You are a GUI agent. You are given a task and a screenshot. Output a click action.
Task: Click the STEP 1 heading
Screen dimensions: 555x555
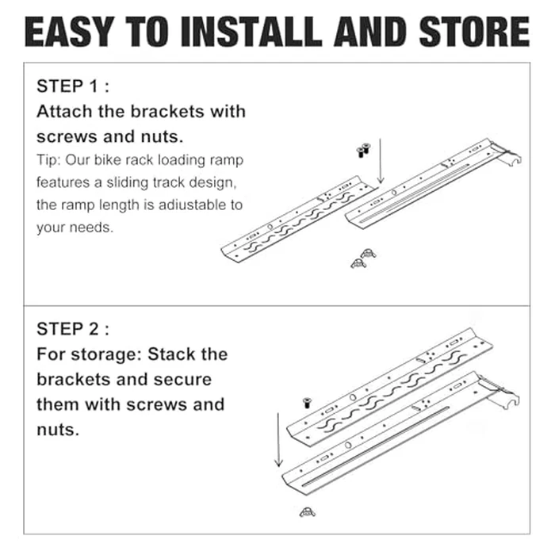tap(72, 86)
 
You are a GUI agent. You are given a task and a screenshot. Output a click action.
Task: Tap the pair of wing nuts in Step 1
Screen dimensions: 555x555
tap(362, 258)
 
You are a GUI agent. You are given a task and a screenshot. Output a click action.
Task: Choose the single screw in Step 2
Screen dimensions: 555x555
tap(304, 404)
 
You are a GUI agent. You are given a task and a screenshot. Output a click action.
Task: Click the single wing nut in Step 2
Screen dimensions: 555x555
tap(307, 512)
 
